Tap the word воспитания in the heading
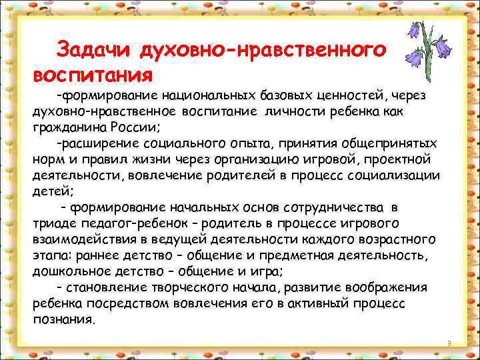coord(93,71)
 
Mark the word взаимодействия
coord(79,239)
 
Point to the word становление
coord(103,287)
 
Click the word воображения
coord(387,287)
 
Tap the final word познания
coord(63,319)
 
